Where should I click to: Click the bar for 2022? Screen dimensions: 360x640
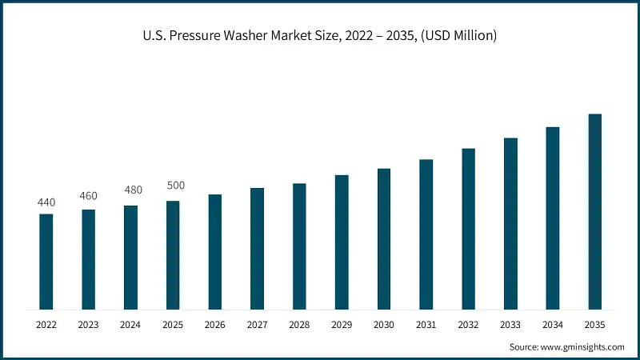pos(46,261)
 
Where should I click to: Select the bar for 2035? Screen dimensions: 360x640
pos(595,211)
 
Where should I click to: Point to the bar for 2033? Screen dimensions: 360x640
pos(510,223)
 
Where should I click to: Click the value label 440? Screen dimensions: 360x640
pos(46,202)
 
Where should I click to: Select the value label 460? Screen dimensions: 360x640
pos(89,196)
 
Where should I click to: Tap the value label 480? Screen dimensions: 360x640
pos(131,190)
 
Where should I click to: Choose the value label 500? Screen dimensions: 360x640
pos(175,186)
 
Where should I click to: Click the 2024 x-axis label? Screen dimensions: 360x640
pos(131,325)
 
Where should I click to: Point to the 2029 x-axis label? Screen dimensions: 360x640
pos(342,325)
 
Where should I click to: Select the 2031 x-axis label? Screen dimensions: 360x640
pos(426,325)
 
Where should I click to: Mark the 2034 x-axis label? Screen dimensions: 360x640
pos(553,325)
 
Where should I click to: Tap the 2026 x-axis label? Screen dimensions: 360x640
pos(215,325)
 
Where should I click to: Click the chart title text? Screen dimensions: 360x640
pos(320,37)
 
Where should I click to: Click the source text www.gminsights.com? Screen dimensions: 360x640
pos(583,347)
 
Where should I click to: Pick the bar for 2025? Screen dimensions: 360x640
pos(173,254)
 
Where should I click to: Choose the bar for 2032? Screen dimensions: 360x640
pos(468,229)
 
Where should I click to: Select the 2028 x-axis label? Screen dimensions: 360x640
pos(299,325)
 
